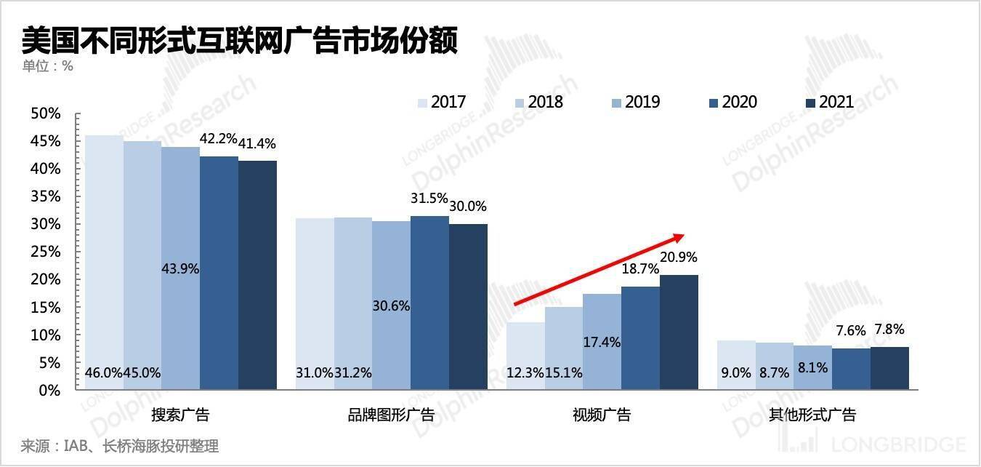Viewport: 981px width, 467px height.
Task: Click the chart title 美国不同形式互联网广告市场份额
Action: coord(240,41)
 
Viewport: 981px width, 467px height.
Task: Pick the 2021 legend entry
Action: coord(829,102)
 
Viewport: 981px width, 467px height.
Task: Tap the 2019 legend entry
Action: coord(634,102)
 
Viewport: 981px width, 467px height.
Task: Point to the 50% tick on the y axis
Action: coord(45,113)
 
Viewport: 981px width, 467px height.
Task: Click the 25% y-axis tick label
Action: coord(45,252)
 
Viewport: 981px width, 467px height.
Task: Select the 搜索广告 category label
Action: coord(180,415)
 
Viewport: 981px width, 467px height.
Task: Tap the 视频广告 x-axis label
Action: coord(602,415)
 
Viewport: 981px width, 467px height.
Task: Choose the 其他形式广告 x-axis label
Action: coord(812,415)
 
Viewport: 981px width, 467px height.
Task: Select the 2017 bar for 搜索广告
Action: coord(104,262)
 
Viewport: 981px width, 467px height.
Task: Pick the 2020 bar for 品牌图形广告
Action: coord(429,302)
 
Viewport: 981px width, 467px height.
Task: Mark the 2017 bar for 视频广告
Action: coord(525,356)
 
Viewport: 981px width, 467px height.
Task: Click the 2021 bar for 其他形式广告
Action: coord(889,368)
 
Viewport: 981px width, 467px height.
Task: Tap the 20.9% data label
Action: coord(679,257)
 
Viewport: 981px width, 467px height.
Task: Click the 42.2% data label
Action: coord(218,138)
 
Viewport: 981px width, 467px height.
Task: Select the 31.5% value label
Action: coord(429,199)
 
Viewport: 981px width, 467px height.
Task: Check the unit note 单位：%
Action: coord(48,66)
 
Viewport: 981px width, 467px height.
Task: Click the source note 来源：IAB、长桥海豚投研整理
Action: coord(120,445)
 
